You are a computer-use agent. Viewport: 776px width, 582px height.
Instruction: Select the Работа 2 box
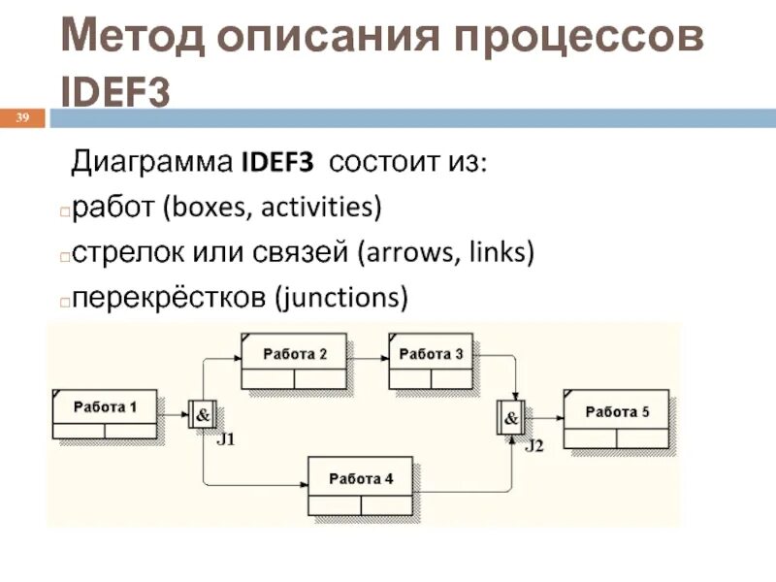coord(296,362)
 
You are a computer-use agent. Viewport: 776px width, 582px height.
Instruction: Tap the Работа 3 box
coord(432,362)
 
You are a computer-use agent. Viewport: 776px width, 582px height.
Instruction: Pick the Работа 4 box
coord(361,486)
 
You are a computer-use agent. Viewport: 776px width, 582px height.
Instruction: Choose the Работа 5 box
coord(617,420)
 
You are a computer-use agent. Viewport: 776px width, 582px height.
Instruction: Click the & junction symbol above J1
coord(204,415)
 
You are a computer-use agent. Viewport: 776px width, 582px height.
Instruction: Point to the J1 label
coord(225,439)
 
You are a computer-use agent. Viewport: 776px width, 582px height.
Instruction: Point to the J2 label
coord(534,445)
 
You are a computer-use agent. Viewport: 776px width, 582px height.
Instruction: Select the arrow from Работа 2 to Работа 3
coord(370,355)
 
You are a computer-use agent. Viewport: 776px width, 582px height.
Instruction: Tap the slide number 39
coord(23,118)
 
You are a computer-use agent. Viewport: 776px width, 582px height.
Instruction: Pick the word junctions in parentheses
coord(339,296)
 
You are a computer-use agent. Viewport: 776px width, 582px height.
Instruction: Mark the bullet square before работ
coord(64,210)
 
